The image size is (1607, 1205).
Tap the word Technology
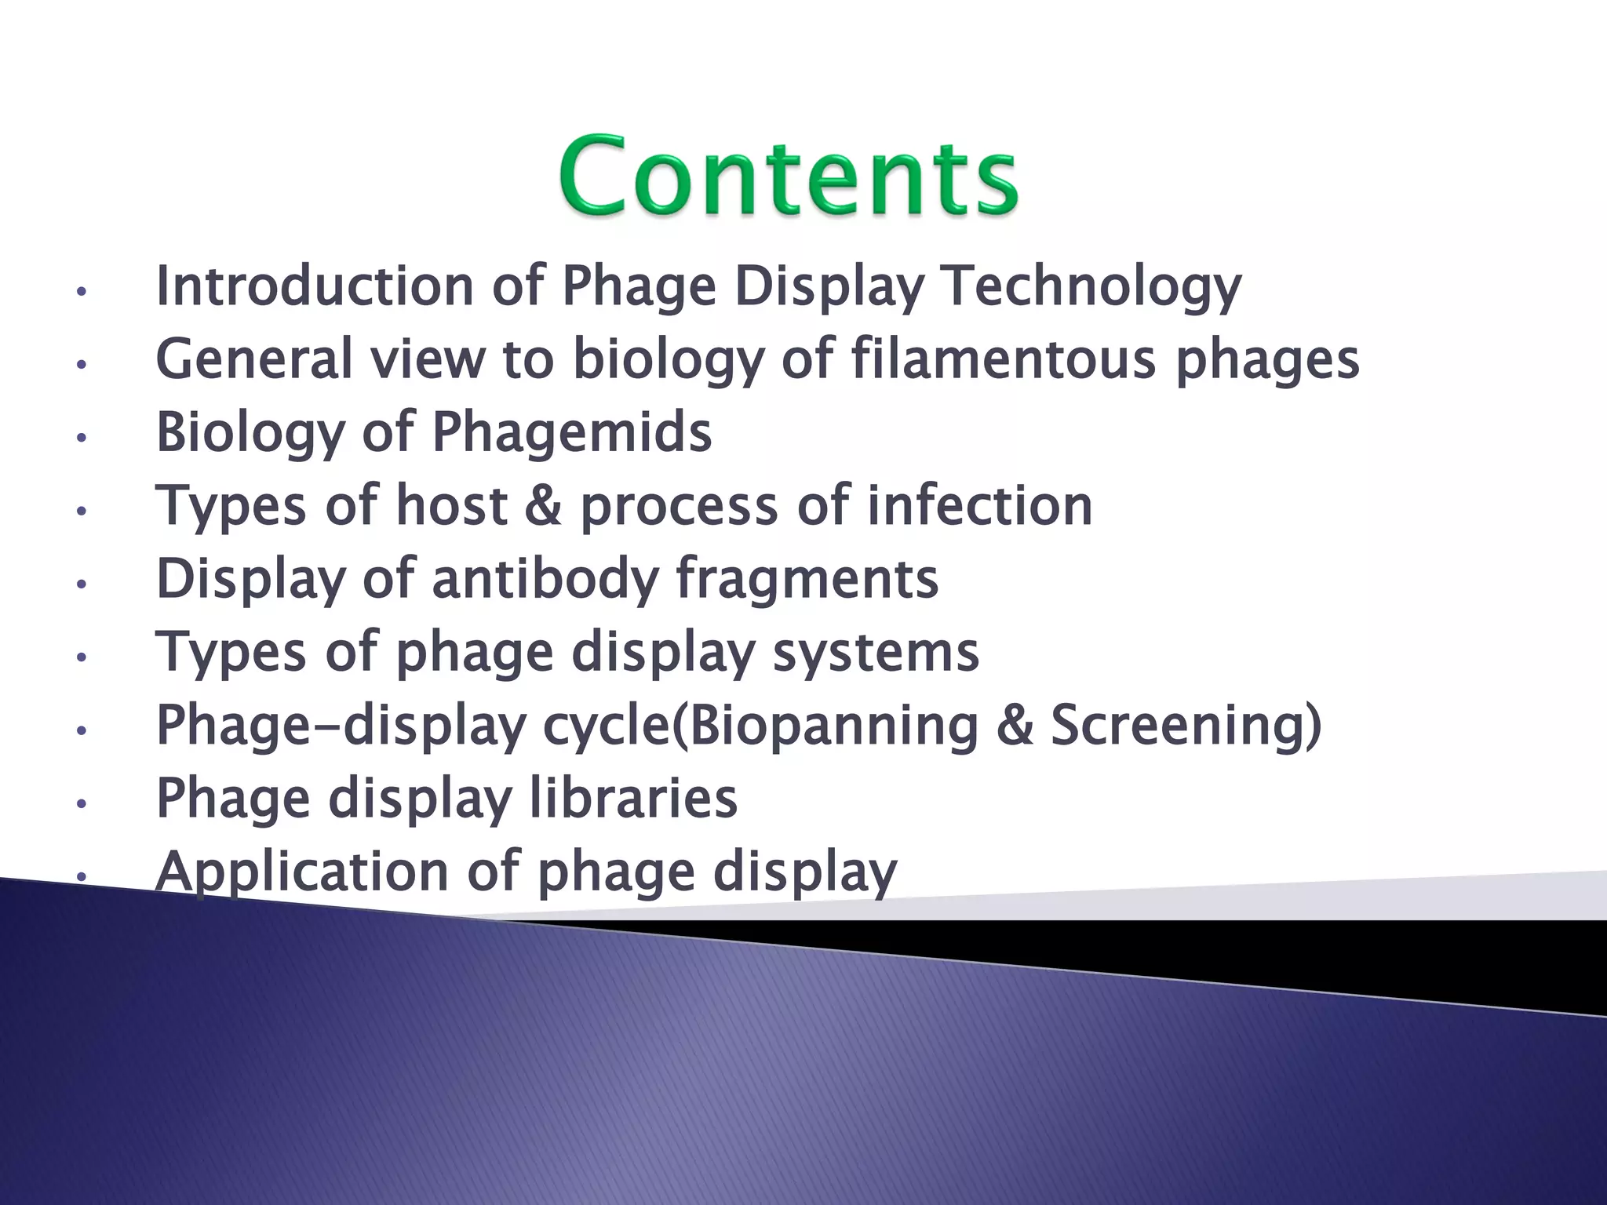pos(1093,287)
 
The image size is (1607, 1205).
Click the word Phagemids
pos(572,432)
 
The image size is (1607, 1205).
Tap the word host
pos(451,505)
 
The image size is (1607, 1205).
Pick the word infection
pos(980,505)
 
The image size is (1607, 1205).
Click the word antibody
pos(546,578)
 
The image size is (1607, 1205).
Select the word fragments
pos(807,580)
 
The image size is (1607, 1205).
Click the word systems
pos(876,653)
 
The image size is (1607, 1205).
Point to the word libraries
pos(634,798)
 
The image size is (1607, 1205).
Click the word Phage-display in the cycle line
pos(341,726)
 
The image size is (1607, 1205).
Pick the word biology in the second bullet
pos(669,360)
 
